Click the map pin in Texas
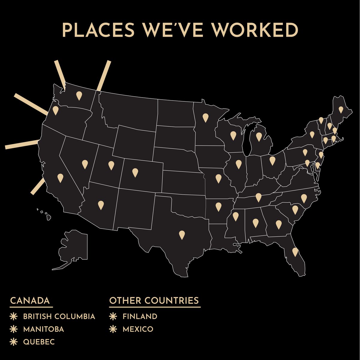pyautogui.click(x=181, y=234)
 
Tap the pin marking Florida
pyautogui.click(x=295, y=251)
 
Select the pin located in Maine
pyautogui.click(x=341, y=109)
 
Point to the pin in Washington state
pyautogui.click(x=79, y=95)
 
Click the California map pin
pyautogui.click(x=60, y=178)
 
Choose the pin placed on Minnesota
pyautogui.click(x=205, y=117)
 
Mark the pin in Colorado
pyautogui.click(x=135, y=172)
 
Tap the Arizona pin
pyautogui.click(x=101, y=205)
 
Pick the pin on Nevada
pyautogui.click(x=85, y=164)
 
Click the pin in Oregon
pyautogui.click(x=55, y=110)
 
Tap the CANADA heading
pyautogui.click(x=30, y=301)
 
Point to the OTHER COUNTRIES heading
pyautogui.click(x=154, y=301)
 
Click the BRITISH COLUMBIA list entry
pyautogui.click(x=59, y=316)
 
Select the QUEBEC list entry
pyautogui.click(x=39, y=342)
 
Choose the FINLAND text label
pyautogui.click(x=140, y=316)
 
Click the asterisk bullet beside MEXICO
pyautogui.click(x=113, y=329)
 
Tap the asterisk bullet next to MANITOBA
pyautogui.click(x=13, y=329)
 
